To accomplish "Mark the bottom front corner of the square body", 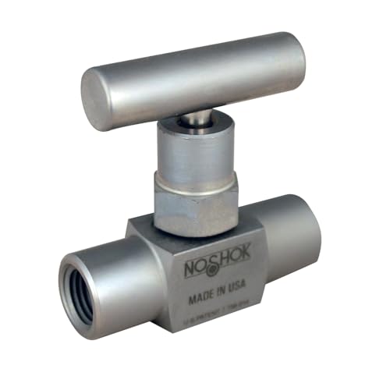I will coord(167,328).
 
